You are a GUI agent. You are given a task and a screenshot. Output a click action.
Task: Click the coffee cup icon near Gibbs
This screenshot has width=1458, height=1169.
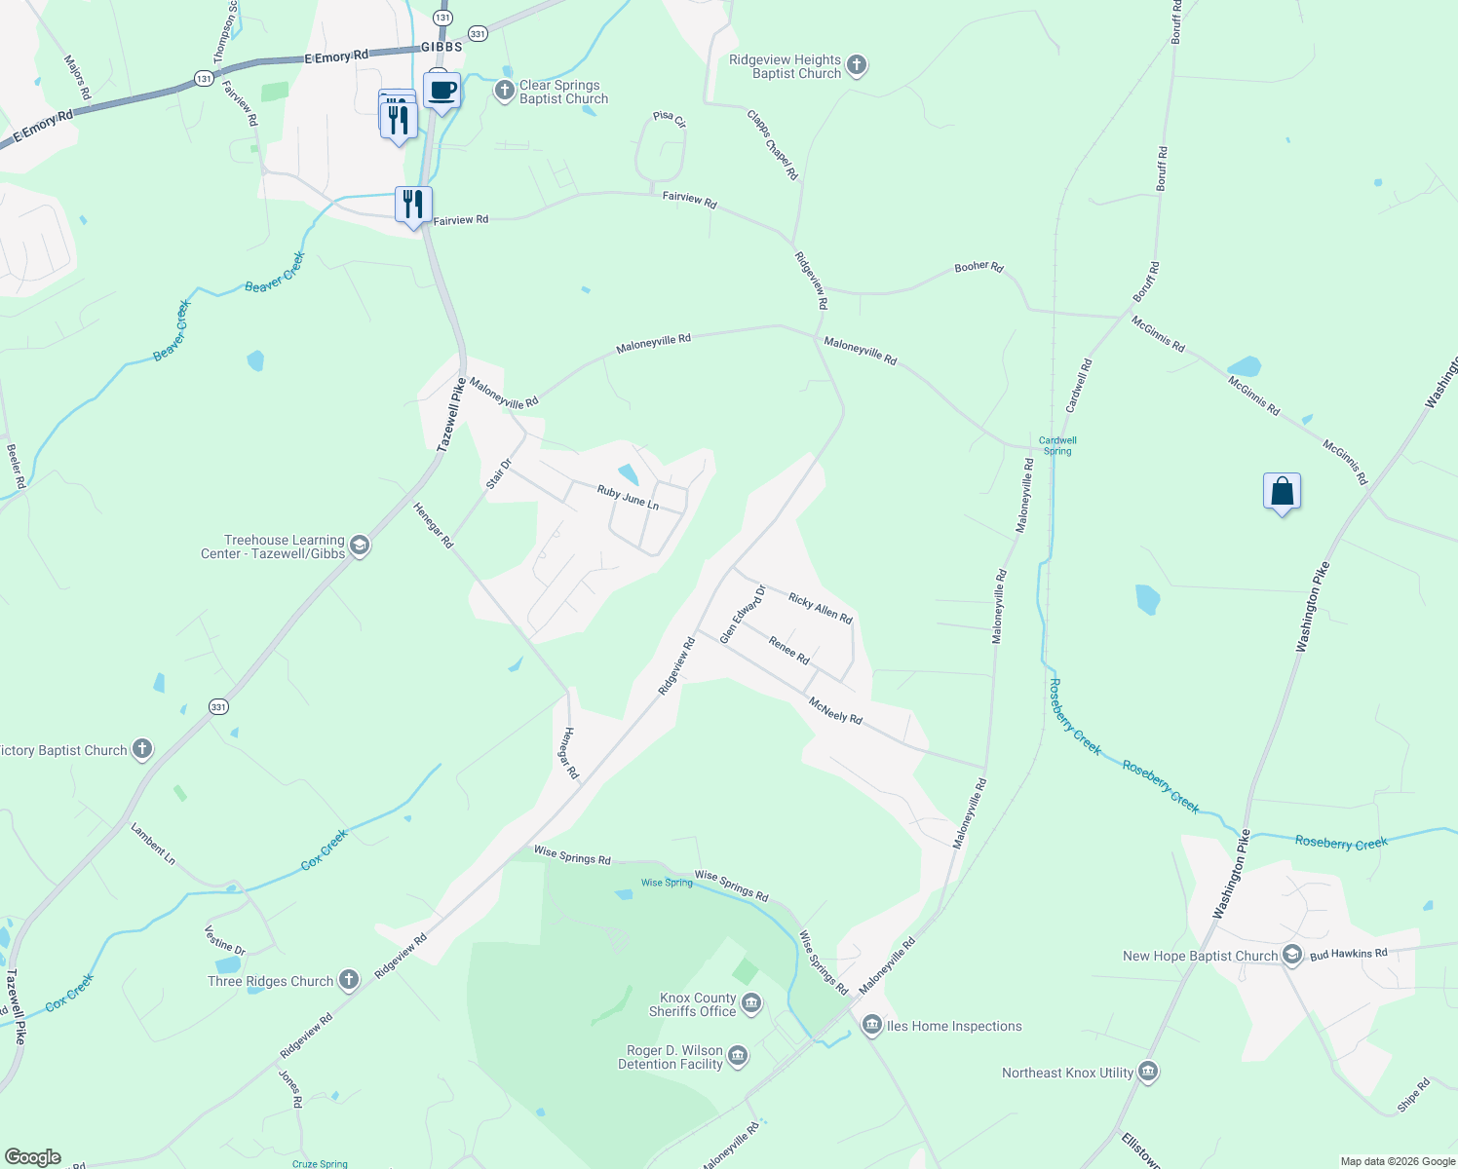[x=442, y=91]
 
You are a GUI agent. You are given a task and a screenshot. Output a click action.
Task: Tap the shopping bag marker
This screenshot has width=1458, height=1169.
[x=1282, y=491]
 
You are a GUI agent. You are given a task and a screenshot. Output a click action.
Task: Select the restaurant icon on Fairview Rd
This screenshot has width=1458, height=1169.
[x=413, y=205]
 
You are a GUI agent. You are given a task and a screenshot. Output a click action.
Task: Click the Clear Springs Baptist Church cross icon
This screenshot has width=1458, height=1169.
[x=504, y=92]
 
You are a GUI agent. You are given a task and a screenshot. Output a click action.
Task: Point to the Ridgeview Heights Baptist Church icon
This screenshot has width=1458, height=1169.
[x=856, y=66]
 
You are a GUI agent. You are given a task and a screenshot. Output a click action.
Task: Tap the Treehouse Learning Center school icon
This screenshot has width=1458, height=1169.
[x=359, y=546]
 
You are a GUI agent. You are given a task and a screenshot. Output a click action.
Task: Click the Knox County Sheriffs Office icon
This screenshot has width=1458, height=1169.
[x=750, y=1004]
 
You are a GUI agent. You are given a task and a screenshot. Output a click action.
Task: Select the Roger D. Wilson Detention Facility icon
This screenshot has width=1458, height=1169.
[x=738, y=1057]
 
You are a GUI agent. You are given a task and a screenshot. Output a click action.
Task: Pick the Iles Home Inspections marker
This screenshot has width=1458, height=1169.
[x=871, y=1025]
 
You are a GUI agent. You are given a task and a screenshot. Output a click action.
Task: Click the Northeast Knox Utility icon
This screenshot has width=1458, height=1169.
[x=1148, y=1073]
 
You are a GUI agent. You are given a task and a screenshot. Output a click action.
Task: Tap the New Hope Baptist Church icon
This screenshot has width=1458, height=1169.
[x=1292, y=955]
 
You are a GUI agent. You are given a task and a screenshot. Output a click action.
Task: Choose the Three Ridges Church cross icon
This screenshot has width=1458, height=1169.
[x=349, y=981]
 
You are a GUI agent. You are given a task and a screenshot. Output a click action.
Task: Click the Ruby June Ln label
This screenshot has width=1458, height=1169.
[x=628, y=498]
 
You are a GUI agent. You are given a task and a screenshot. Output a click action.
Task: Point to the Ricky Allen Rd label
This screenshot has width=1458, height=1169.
[x=821, y=609]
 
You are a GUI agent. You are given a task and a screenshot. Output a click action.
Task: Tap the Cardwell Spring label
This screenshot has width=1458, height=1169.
[x=1057, y=445]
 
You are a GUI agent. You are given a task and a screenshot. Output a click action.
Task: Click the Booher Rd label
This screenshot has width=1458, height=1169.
[x=978, y=267]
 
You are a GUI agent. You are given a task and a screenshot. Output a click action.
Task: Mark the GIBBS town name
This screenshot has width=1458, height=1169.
[x=441, y=47]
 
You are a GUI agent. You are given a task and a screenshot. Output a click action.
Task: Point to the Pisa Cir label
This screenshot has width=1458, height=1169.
[x=670, y=118]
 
